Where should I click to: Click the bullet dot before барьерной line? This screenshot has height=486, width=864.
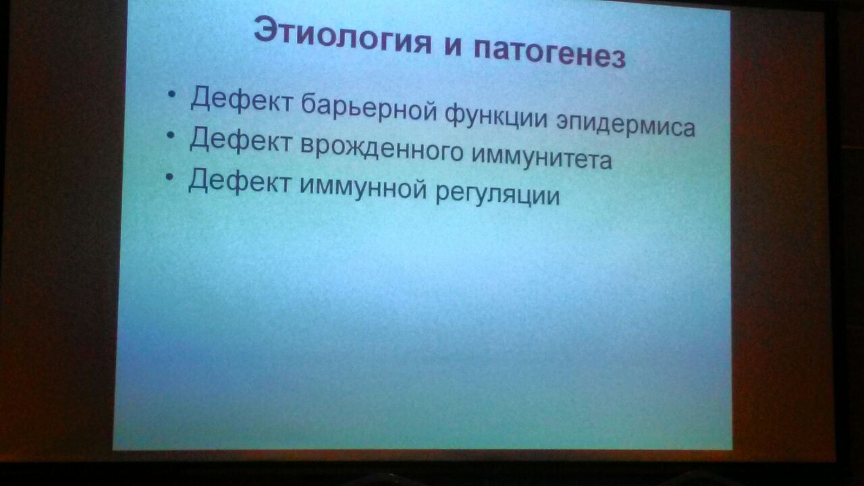tap(172, 94)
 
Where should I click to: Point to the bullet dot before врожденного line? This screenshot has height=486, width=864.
tap(171, 136)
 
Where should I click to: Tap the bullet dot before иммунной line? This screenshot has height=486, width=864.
tap(169, 177)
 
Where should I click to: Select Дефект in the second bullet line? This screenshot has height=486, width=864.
tap(240, 141)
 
